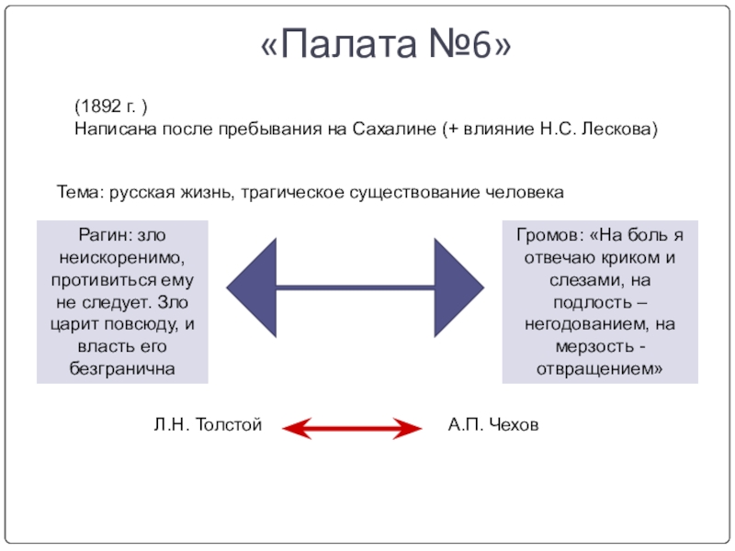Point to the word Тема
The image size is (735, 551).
pyautogui.click(x=80, y=193)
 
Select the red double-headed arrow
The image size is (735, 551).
pyautogui.click(x=350, y=426)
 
